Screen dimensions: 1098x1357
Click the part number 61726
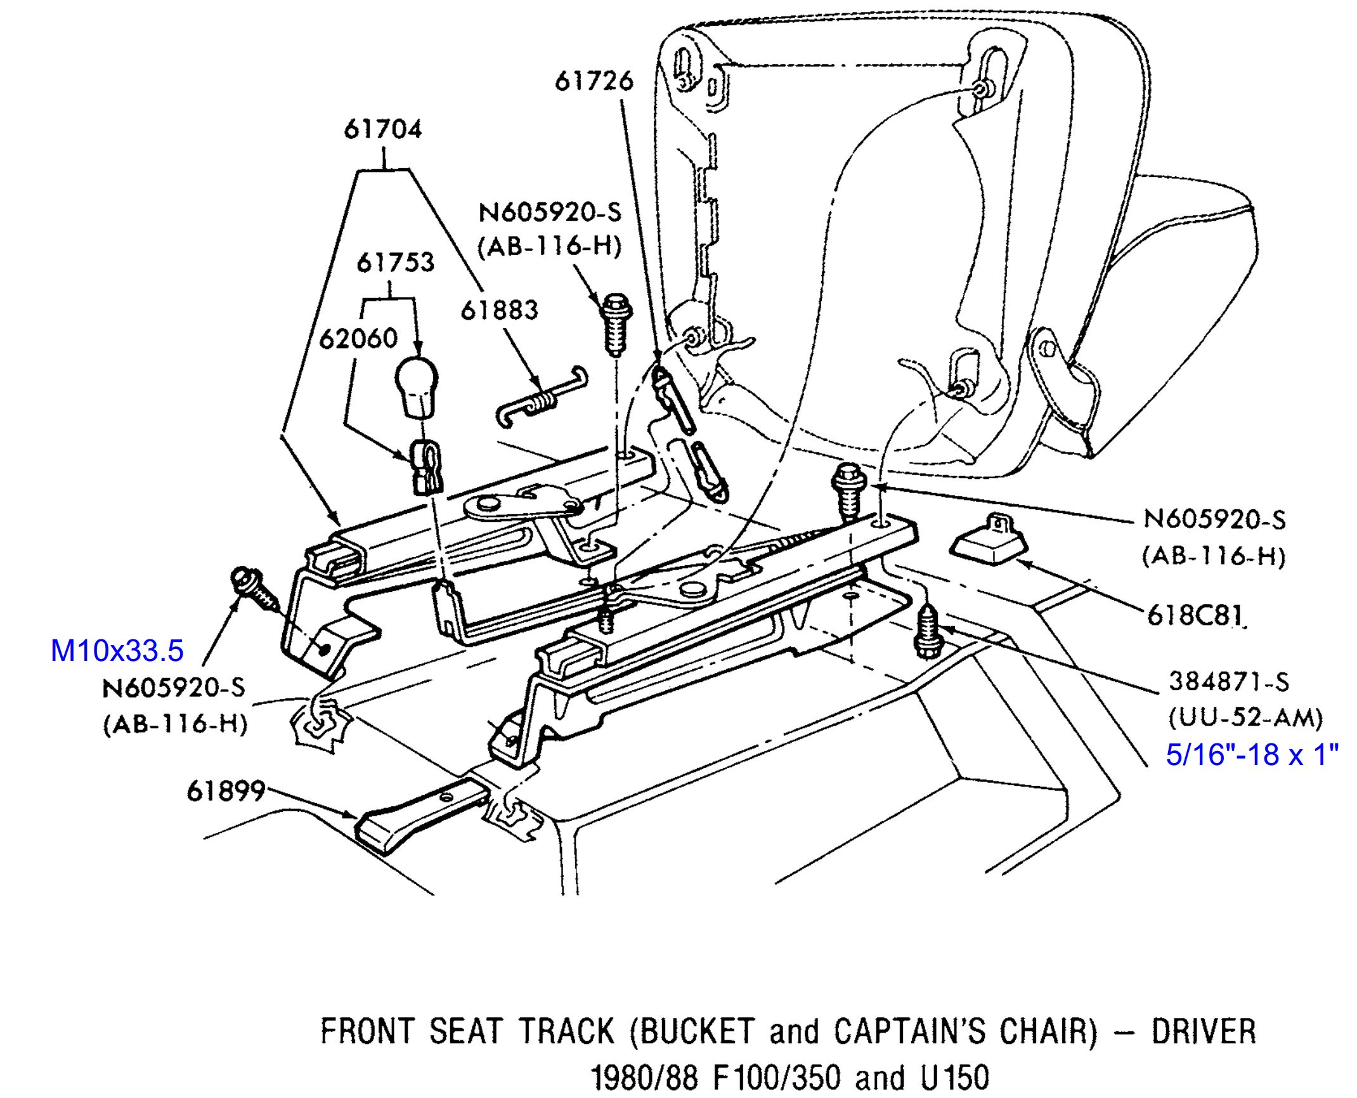[594, 81]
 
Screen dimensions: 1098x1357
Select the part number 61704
[382, 129]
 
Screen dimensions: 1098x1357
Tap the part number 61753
[395, 263]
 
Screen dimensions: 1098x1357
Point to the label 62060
[358, 339]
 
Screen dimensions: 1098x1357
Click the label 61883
[499, 310]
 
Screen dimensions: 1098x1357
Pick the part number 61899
[225, 792]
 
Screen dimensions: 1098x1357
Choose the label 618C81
[1195, 616]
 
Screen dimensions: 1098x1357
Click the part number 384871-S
[1229, 683]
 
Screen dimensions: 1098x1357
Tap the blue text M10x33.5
[117, 651]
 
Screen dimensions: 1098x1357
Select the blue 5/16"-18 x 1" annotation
[1252, 755]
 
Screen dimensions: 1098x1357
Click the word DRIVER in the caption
[1203, 1032]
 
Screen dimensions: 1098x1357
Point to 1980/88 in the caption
[644, 1077]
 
